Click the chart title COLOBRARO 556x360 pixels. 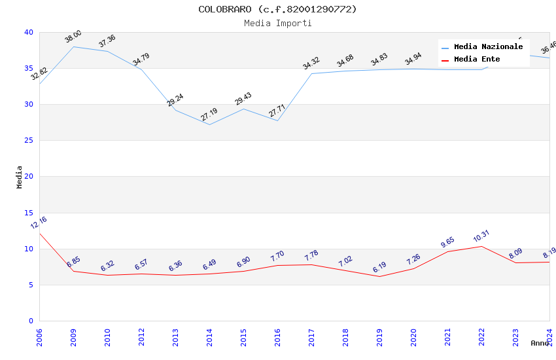pyautogui.click(x=277, y=9)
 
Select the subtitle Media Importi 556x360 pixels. pyautogui.click(x=277, y=24)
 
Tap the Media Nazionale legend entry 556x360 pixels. pyautogui.click(x=488, y=47)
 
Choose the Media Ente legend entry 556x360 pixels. pyautogui.click(x=477, y=60)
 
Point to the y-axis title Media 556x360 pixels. pyautogui.click(x=20, y=177)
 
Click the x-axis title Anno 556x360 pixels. pyautogui.click(x=540, y=343)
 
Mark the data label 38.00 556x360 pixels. pyautogui.click(x=73, y=37)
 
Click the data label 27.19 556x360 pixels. pyautogui.click(x=209, y=115)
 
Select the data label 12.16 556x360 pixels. pyautogui.click(x=39, y=223)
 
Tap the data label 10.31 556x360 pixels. pyautogui.click(x=481, y=236)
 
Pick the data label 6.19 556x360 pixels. pyautogui.click(x=379, y=267)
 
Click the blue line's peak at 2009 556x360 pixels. pyautogui.click(x=73, y=46)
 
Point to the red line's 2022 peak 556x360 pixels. pyautogui.click(x=481, y=246)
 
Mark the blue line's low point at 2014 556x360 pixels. pyautogui.click(x=209, y=124)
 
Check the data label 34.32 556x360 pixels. pyautogui.click(x=311, y=63)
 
